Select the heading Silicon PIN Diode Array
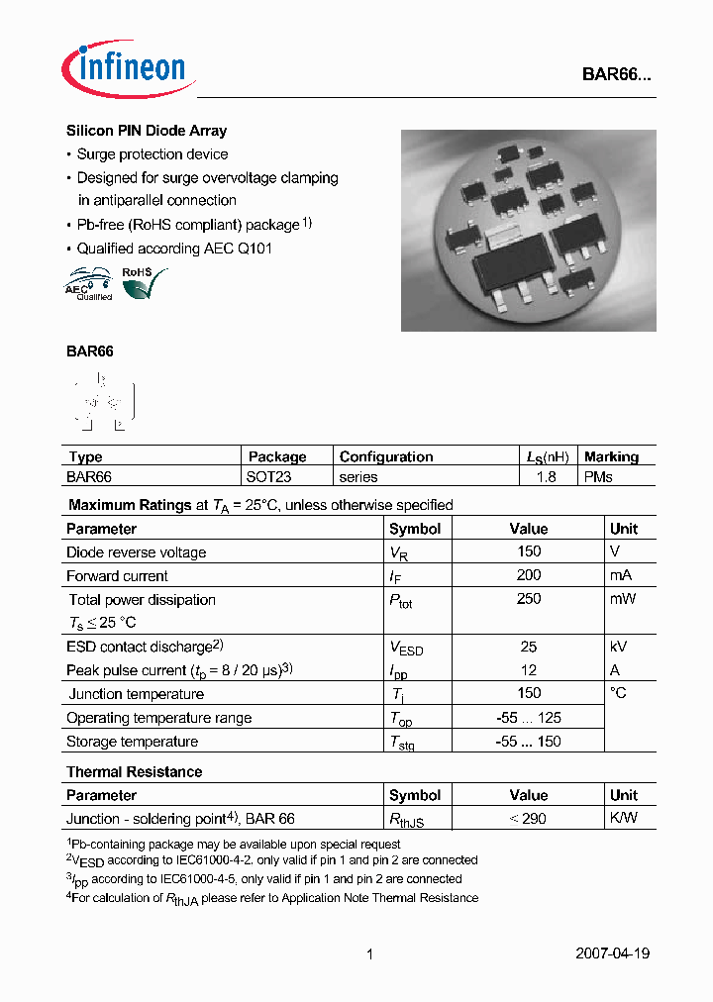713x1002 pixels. [147, 131]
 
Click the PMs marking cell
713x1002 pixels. [598, 477]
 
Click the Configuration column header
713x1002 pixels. [386, 456]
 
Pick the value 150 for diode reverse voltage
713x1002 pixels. [529, 551]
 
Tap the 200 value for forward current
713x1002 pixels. [529, 575]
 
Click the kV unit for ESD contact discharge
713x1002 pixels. [619, 647]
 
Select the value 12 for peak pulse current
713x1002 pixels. [529, 670]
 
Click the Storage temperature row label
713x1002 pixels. [132, 742]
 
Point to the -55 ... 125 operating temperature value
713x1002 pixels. [529, 718]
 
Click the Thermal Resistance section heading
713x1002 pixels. [134, 771]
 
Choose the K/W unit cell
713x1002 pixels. [624, 819]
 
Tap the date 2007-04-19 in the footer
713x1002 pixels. [612, 954]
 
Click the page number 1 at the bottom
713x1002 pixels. [369, 954]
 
